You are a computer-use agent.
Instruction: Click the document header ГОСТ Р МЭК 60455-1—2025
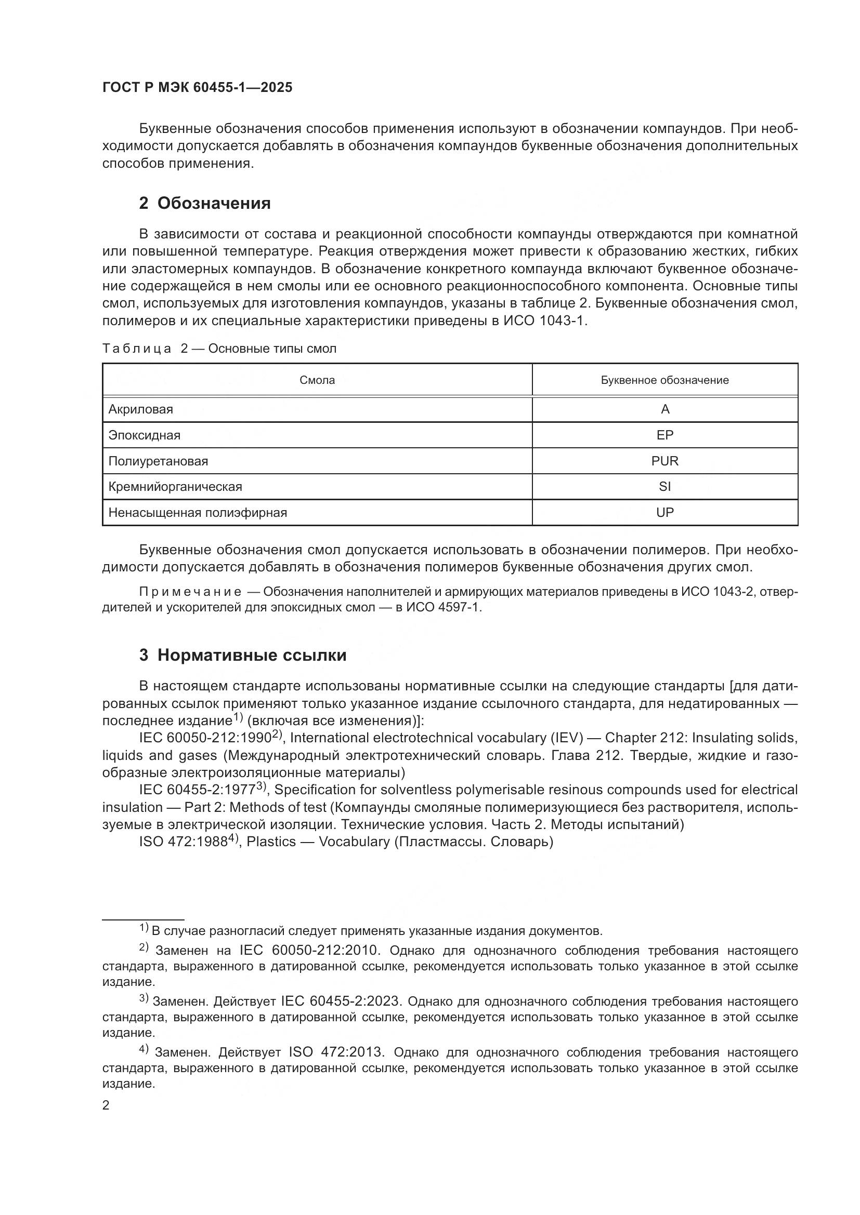(197, 88)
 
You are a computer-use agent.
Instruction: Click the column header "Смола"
(317, 380)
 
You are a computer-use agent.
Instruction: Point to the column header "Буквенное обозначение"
(664, 380)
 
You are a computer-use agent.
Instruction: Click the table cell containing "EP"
(664, 435)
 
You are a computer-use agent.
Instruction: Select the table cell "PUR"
(664, 461)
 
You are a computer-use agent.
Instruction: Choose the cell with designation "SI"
(664, 486)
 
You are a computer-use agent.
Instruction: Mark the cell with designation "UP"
(664, 512)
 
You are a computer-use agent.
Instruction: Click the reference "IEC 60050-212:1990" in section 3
(205, 738)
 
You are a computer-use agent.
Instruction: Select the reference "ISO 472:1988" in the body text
(183, 842)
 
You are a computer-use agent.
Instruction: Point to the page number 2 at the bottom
(106, 1105)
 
